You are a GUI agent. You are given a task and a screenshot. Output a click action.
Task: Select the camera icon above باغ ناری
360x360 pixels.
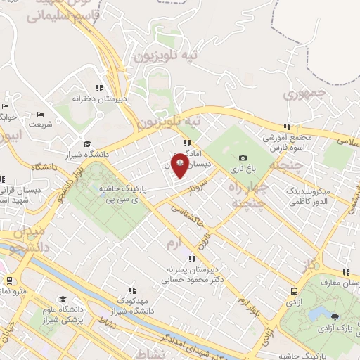(x=243, y=157)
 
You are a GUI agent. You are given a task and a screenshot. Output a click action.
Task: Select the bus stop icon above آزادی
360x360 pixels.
(x=293, y=290)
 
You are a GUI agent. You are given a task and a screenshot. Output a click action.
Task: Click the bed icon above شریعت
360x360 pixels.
(x=40, y=115)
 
